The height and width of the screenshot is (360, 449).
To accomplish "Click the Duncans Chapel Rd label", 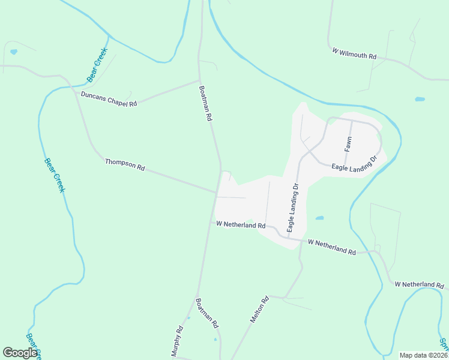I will coord(109,99).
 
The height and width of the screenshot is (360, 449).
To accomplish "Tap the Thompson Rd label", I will coord(125,165).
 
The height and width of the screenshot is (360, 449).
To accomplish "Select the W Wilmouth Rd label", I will coord(354,53).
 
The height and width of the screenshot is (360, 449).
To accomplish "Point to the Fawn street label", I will coord(348,143).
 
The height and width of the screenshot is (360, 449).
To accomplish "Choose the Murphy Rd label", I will coord(177,341).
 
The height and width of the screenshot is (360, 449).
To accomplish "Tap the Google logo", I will coord(20,353).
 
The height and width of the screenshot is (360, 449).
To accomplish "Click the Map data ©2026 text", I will coord(423,355).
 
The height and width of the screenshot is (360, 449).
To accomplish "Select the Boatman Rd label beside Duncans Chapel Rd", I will coord(206,103).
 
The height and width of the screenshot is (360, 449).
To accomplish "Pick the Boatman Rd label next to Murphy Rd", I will coord(207,313).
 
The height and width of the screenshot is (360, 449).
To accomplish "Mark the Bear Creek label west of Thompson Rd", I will coord(54,175).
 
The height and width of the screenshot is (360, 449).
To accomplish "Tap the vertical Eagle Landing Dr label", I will coord(292,208).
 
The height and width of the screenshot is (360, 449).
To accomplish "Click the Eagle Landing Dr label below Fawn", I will coord(354,164).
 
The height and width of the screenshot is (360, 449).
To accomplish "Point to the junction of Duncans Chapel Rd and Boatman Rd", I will coord(199,80).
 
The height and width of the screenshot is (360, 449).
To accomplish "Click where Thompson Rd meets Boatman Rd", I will coord(217,193).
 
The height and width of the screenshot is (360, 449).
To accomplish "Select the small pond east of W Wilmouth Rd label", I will coord(420,99).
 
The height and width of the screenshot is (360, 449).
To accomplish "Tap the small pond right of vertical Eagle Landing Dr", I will coord(320,218).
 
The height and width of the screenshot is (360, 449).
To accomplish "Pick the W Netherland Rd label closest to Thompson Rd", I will coord(241,224).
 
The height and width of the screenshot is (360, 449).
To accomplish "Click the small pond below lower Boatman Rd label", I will coord(215,340).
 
